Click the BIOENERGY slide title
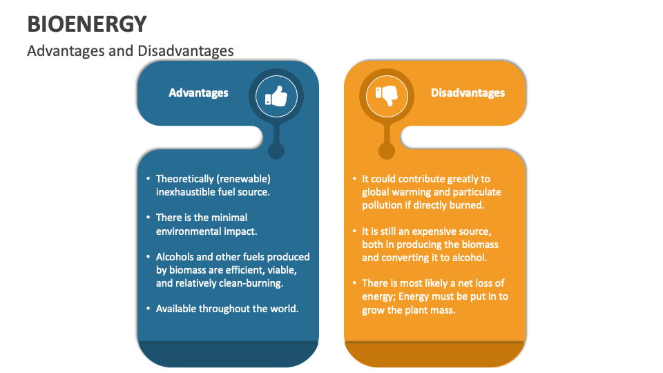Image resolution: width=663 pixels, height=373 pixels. click(x=87, y=24)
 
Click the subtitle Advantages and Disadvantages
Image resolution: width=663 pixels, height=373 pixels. click(x=131, y=50)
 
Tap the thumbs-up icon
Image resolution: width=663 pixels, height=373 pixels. click(x=276, y=96)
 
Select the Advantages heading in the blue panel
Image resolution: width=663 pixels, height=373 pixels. click(x=198, y=93)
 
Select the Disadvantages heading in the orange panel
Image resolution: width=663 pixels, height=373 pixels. click(x=468, y=93)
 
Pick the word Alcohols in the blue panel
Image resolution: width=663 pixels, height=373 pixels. click(x=175, y=256)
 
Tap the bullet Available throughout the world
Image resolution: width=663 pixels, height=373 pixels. click(x=227, y=308)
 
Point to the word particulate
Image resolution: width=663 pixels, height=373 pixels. click(x=478, y=192)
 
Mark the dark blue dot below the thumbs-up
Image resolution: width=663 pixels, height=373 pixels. click(x=276, y=151)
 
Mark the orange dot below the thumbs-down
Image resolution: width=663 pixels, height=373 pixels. click(x=387, y=151)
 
